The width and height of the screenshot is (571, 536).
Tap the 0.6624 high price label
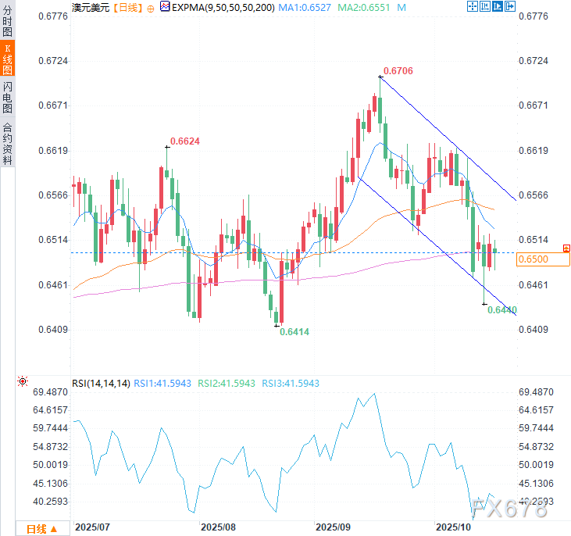(186, 141)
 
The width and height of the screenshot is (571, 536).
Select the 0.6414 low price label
(294, 332)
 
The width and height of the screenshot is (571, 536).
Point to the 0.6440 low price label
(502, 310)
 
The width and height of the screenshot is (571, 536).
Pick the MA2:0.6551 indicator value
(369, 6)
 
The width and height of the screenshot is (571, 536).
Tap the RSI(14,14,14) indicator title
(101, 383)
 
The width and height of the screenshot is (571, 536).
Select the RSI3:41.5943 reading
(291, 383)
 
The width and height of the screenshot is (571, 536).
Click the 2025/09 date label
(331, 527)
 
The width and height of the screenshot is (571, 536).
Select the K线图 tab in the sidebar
(7, 59)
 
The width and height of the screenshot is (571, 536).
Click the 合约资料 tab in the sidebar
(7, 142)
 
